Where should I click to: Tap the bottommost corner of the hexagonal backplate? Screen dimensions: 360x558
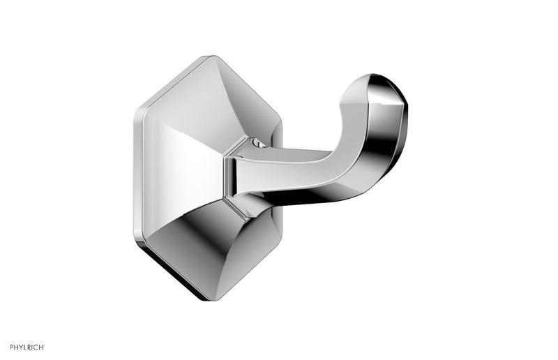pos(202,299)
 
